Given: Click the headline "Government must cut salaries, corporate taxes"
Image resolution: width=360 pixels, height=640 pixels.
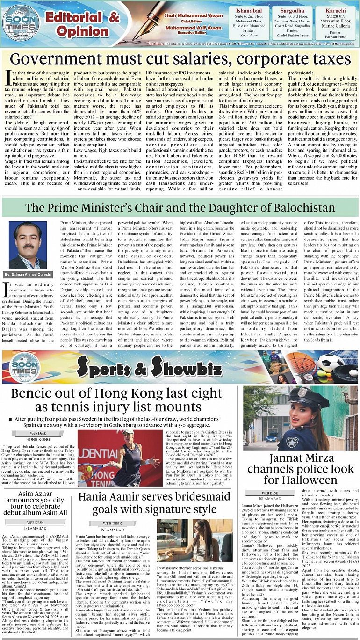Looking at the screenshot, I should pos(180,60).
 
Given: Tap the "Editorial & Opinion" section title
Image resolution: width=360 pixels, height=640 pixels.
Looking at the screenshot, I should pos(82,24).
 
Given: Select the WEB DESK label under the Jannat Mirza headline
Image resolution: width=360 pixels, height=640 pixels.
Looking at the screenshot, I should pos(270,493).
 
